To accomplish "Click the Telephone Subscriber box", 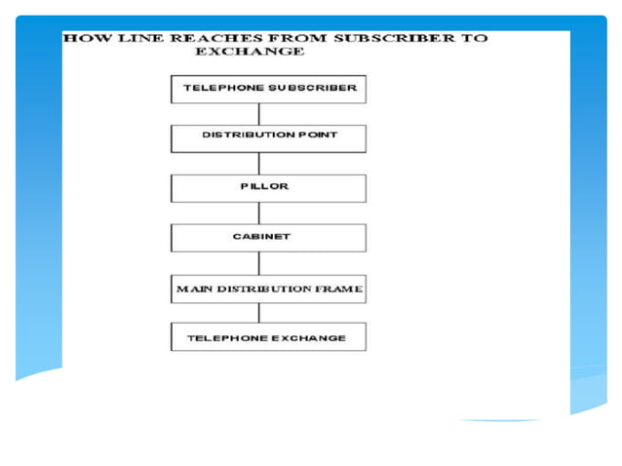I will pyautogui.click(x=269, y=88).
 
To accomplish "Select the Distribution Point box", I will pyautogui.click(x=269, y=136).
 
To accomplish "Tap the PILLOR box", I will pyautogui.click(x=269, y=187).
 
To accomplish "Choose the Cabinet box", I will pyautogui.click(x=269, y=237).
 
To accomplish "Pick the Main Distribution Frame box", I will pyautogui.click(x=269, y=289).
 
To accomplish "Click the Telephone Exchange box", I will pyautogui.click(x=269, y=337).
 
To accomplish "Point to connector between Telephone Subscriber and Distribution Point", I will pyautogui.click(x=259, y=112).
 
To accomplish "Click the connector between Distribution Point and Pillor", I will pyautogui.click(x=259, y=163).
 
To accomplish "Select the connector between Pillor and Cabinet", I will pyautogui.click(x=259, y=213).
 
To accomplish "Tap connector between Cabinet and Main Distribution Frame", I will pyautogui.click(x=259, y=263).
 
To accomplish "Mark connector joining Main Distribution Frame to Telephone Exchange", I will pyautogui.click(x=259, y=312).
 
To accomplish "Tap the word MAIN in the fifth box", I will pyautogui.click(x=193, y=290).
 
